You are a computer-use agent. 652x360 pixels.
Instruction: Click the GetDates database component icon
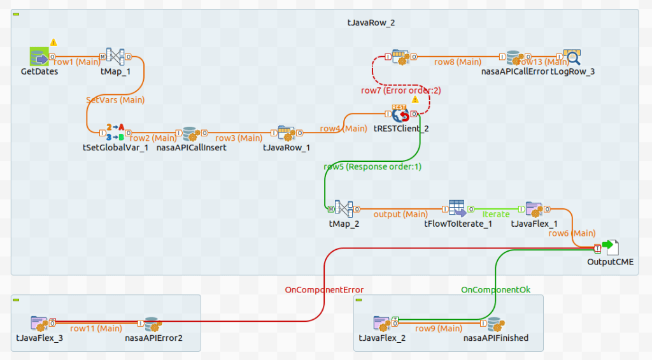(39, 57)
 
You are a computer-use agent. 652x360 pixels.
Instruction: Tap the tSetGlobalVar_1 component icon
(115, 132)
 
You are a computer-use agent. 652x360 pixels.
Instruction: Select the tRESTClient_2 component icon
(402, 114)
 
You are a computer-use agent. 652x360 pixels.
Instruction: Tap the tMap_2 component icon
(344, 208)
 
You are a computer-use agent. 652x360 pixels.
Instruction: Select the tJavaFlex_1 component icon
(534, 208)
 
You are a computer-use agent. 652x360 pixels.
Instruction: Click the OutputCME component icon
(610, 247)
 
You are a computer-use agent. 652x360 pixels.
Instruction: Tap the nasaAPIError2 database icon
(152, 323)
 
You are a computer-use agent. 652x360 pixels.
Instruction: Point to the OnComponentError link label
(324, 290)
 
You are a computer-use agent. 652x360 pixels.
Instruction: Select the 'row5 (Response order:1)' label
(372, 167)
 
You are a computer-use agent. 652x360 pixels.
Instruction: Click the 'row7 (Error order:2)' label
(400, 90)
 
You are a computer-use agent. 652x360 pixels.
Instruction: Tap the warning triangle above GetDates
(53, 42)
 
